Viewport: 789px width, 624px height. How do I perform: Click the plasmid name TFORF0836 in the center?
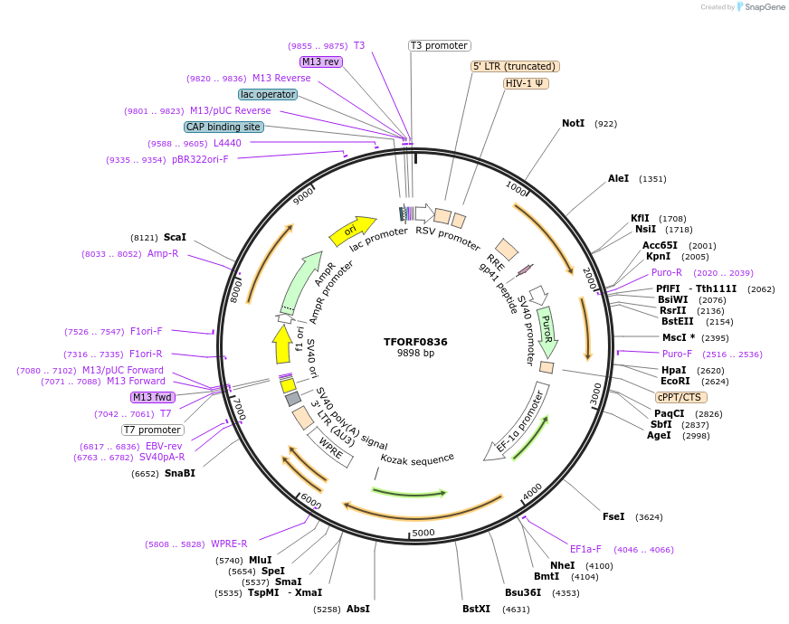coord(415,342)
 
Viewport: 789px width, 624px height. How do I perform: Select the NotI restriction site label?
coord(573,123)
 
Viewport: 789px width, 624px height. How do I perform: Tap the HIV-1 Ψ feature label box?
coord(526,83)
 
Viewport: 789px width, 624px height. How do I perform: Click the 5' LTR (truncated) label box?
coord(516,67)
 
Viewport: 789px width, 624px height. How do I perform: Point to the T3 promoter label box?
coord(439,45)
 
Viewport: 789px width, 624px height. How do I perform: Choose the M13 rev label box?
coord(321,61)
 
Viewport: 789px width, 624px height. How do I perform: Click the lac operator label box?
coord(268,94)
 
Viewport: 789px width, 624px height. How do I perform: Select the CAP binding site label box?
coord(223,128)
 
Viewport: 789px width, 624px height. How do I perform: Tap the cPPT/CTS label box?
coord(681,397)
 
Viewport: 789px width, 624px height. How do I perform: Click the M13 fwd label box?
coord(153,397)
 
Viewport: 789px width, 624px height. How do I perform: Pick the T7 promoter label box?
coord(153,430)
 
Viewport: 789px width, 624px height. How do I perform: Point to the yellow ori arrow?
coord(353,232)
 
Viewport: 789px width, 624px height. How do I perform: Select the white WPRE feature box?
coord(330,447)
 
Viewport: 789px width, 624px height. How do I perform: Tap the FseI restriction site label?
coord(613,516)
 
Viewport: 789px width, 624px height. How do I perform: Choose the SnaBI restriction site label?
coord(179,473)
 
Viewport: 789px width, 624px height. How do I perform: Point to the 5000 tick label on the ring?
coord(423,533)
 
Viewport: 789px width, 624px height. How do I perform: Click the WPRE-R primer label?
coord(229,544)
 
